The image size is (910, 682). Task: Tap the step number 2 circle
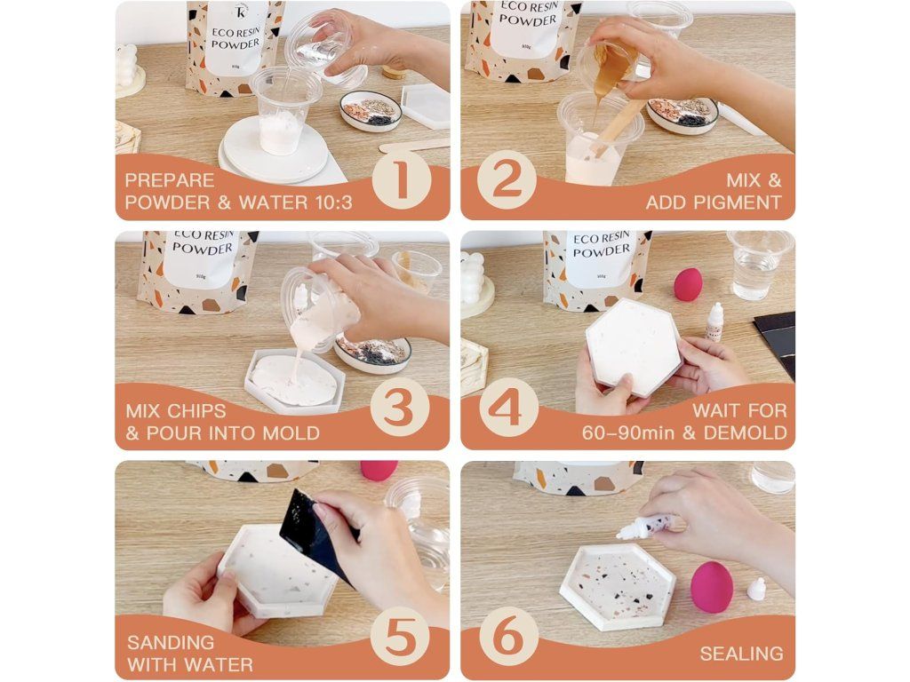(x=507, y=179)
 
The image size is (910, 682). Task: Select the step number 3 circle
(x=400, y=407)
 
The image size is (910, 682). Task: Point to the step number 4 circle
(x=508, y=407)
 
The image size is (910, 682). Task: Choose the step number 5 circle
(x=401, y=637)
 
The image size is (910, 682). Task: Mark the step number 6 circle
(x=508, y=637)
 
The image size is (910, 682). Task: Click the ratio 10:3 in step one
(x=332, y=202)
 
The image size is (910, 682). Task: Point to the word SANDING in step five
(x=171, y=642)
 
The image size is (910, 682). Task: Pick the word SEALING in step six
(x=742, y=654)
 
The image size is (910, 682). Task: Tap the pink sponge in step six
(x=711, y=586)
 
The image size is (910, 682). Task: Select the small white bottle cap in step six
(x=756, y=590)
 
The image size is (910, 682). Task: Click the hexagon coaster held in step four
(x=635, y=347)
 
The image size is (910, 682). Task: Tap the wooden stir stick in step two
(x=618, y=128)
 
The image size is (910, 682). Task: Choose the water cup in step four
(x=757, y=265)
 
